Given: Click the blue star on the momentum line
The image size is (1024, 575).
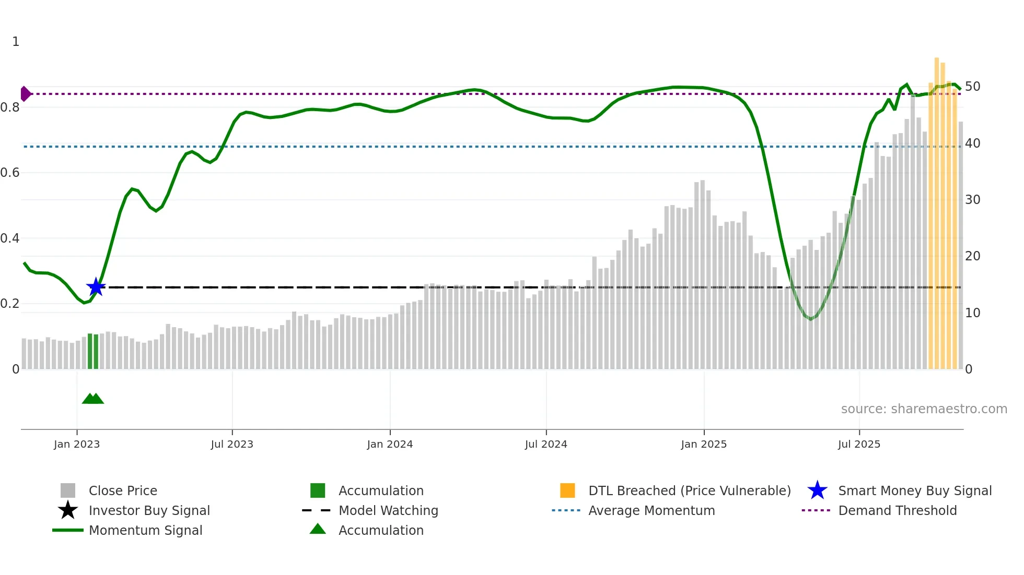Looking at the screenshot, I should pos(96,287).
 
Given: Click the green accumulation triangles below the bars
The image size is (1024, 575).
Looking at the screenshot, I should pos(93,399).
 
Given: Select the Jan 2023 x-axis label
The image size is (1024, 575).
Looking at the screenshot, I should pos(77,444).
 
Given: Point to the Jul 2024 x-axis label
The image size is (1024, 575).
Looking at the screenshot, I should pos(546,444).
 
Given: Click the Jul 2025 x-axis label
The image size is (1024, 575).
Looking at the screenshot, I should pos(859,444).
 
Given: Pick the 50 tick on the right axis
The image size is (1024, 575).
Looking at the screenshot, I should pos(972,86).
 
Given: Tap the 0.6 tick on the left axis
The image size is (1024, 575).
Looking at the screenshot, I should pos(10,173).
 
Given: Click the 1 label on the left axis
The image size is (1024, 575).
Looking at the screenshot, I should pos(16,42).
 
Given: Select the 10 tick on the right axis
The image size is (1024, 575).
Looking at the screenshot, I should pos(972,313).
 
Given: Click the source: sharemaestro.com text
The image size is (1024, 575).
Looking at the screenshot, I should pos(924,409).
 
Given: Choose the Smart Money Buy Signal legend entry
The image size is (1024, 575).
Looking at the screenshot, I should pos(914,490).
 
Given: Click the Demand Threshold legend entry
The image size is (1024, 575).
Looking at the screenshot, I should pos(897,510).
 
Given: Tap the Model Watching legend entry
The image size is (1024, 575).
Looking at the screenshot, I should pos(388,510).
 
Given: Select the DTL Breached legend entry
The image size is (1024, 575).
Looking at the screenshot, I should pos(689,490).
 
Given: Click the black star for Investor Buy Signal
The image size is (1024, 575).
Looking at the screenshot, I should pos(68,510).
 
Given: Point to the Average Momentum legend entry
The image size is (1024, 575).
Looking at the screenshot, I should pos(651,510).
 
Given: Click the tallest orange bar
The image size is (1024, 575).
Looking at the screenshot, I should pos(937,209).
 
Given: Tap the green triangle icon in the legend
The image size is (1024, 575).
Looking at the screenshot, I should pos(318,529).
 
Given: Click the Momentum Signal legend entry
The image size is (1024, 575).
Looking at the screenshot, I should pos(145,530).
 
